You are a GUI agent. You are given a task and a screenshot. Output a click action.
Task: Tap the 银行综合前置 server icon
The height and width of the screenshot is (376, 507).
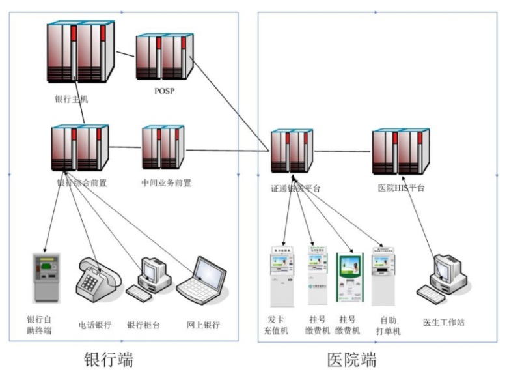(80, 149)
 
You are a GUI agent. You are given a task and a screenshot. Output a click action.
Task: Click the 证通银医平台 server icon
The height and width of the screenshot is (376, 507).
(291, 151)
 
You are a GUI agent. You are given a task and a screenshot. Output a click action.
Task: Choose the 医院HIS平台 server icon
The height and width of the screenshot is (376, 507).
(400, 151)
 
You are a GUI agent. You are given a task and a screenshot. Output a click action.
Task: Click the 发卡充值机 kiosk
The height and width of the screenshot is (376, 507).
(282, 274)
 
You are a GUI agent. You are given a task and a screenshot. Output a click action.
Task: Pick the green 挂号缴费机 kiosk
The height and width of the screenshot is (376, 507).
(349, 276)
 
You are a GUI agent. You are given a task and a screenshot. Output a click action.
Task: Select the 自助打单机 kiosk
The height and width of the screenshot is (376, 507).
(383, 274)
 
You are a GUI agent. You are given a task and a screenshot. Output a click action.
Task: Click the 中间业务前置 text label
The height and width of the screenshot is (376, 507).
(167, 183)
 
